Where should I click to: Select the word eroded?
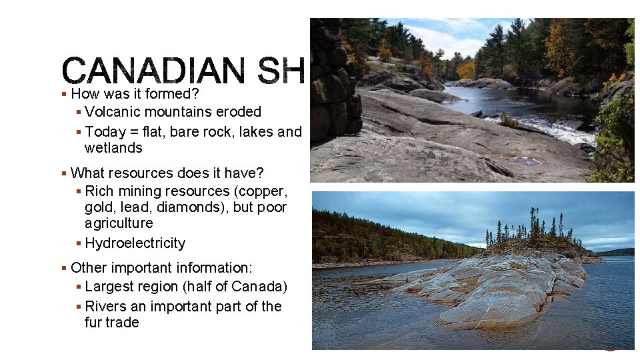tap(237, 112)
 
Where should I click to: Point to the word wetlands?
tap(113, 148)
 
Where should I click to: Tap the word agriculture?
tap(119, 223)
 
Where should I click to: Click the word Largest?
tap(110, 287)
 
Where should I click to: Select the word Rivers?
tap(107, 307)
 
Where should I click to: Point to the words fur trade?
tap(112, 323)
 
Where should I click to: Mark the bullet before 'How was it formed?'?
tap(64, 95)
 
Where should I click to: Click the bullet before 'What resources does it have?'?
tap(64, 174)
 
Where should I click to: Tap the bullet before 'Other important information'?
tap(64, 269)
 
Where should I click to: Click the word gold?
tap(99, 207)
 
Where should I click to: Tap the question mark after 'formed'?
tap(197, 94)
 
